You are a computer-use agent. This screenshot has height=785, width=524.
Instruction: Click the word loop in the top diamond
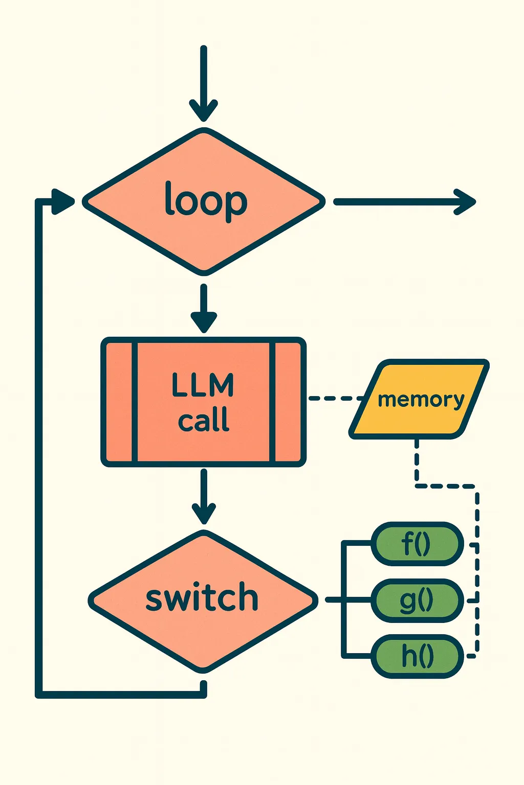pos(206,201)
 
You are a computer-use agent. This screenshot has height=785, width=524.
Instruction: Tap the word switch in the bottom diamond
pos(202,598)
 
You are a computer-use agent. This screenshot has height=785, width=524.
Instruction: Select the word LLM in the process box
pos(203,385)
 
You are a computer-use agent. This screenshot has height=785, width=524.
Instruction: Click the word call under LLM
pos(204,421)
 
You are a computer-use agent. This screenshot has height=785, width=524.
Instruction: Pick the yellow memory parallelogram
pos(420,399)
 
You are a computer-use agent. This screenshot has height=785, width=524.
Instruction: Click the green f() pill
pos(417,544)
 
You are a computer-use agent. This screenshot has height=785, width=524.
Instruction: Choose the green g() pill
pos(417,600)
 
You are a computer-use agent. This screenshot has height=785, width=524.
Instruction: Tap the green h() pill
pos(417,656)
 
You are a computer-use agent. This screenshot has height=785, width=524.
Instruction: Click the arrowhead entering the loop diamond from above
pos(204,109)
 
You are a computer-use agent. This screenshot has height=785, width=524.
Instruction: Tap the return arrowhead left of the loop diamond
pos(62,201)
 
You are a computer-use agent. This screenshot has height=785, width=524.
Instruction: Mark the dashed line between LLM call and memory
pos(335,398)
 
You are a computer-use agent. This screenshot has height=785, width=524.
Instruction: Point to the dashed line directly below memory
pos(417,460)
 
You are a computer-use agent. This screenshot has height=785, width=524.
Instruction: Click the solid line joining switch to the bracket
pos(334,599)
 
